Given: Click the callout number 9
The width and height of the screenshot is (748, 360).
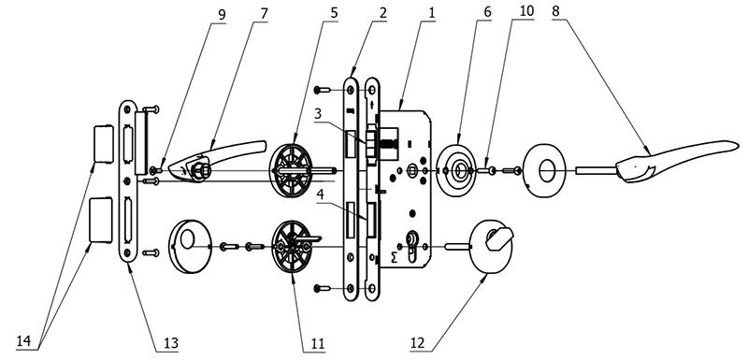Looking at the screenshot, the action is [222, 14].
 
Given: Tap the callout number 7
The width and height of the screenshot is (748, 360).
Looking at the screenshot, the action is [264, 14].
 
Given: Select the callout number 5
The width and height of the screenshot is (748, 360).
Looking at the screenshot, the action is [334, 13].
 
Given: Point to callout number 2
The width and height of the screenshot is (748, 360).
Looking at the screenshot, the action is [382, 13].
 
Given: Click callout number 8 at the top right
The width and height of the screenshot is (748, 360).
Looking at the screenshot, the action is [555, 12].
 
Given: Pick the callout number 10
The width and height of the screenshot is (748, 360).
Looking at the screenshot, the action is [526, 12].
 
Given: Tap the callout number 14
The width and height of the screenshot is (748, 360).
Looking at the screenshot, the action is [24, 341].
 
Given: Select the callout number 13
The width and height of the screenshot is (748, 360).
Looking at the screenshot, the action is [170, 343].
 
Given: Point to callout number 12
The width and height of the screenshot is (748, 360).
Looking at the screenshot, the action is [418, 343].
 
